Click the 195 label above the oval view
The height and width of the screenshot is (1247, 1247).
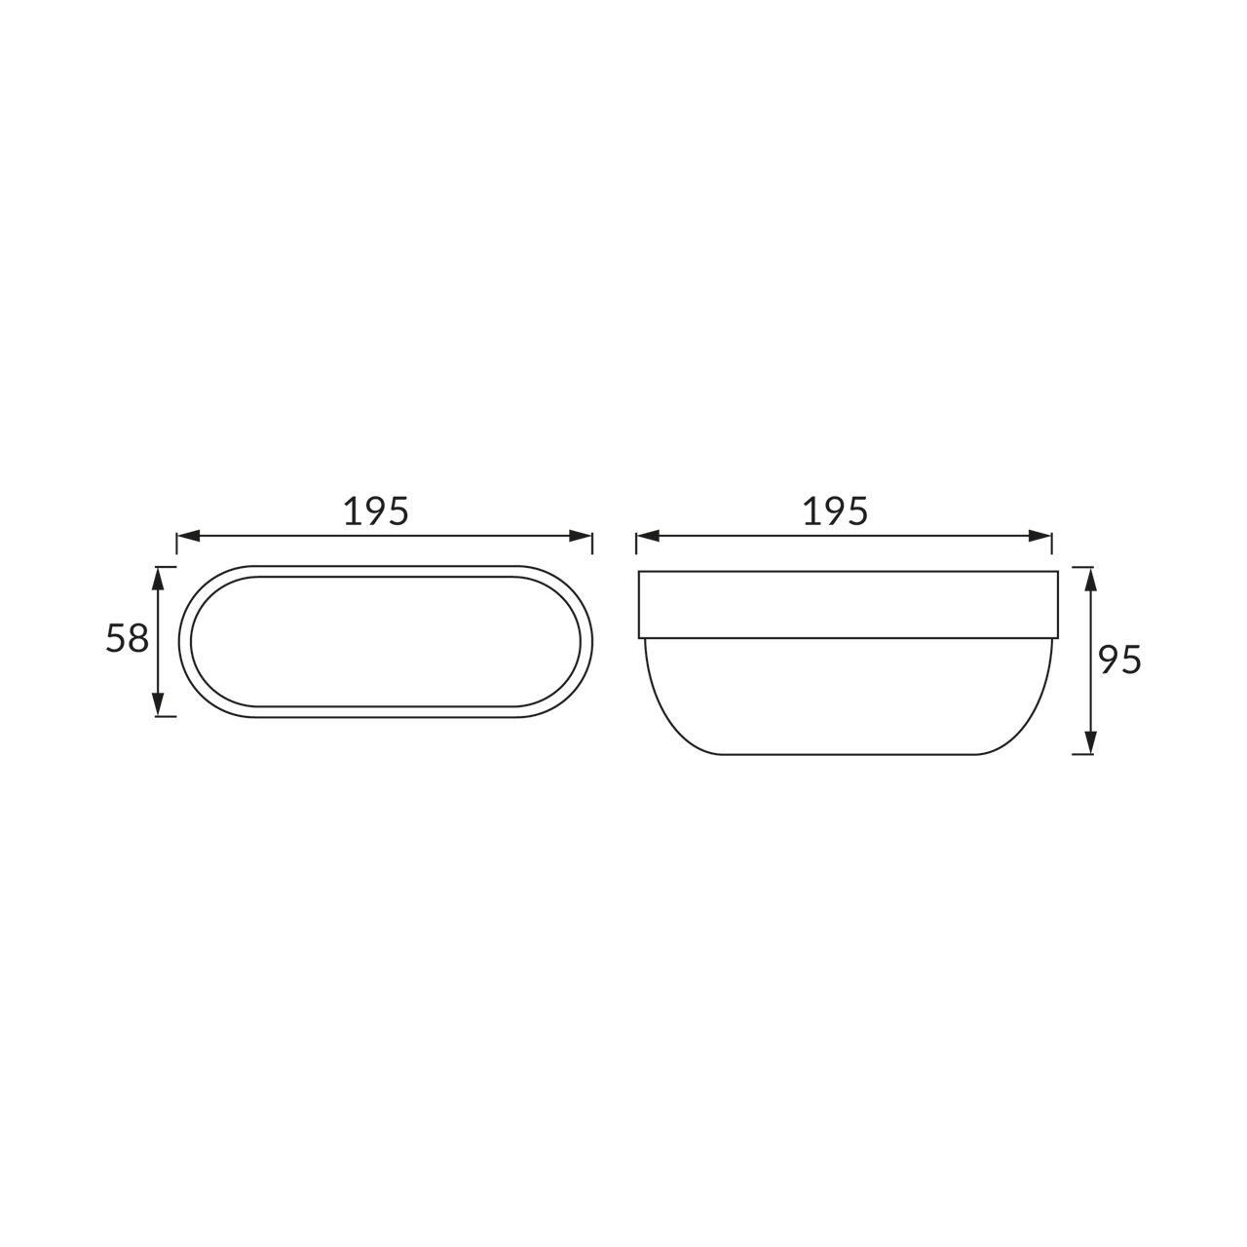point(376,511)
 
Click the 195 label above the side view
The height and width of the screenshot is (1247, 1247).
point(835,511)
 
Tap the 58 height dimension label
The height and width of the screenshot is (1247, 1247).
point(128,638)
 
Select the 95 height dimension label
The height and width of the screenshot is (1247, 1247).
point(1120,660)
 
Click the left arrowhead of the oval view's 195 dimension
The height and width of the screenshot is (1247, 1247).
point(188,536)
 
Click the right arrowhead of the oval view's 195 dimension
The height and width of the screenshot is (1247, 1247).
point(581,536)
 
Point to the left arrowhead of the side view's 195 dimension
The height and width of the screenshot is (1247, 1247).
point(648,536)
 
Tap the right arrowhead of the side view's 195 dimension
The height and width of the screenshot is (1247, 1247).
point(1039,536)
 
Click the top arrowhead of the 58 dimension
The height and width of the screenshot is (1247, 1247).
point(158,579)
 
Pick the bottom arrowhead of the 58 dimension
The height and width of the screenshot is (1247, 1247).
point(158,704)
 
